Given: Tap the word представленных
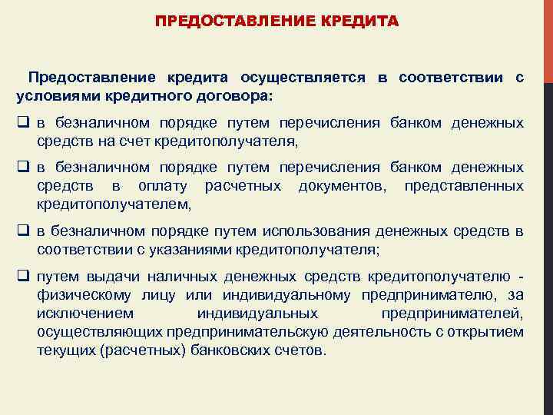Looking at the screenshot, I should (x=465, y=187).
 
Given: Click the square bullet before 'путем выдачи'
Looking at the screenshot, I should (x=22, y=276).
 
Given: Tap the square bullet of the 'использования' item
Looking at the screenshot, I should (x=22, y=231).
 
